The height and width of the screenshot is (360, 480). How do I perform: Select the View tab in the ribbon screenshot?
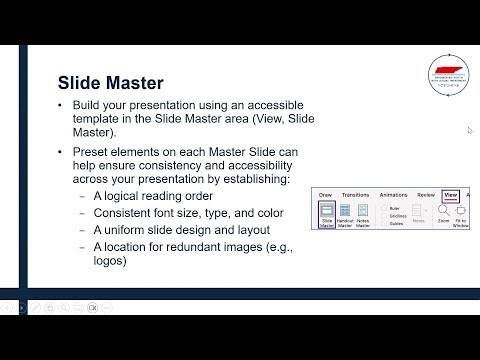451,196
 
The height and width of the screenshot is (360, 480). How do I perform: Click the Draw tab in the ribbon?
324,196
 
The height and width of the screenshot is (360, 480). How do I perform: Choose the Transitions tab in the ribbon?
355,196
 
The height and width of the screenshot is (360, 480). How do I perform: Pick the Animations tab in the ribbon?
393,196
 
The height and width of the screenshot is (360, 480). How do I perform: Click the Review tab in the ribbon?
426,196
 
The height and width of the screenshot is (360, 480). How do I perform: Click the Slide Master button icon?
326,211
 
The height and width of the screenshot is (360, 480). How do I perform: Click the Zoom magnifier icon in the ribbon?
443,211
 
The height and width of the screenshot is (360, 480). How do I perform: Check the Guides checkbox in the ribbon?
384,223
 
